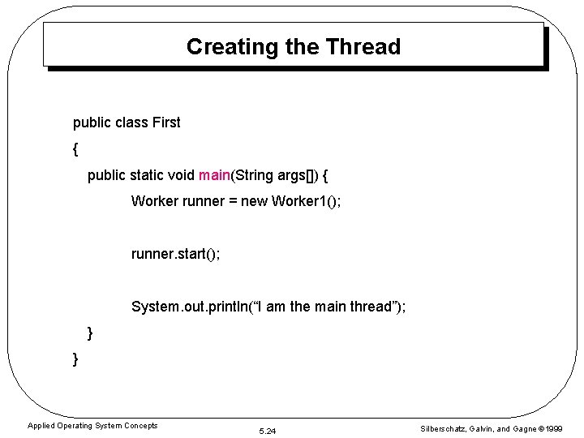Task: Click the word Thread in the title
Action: [x=363, y=46]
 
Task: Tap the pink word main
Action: [x=214, y=174]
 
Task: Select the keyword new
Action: [x=254, y=200]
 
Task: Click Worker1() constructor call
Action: [x=306, y=200]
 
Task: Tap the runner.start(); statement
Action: [x=175, y=254]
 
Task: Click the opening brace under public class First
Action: [x=75, y=149]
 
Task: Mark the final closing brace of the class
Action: [x=75, y=359]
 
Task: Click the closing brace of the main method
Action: [x=90, y=333]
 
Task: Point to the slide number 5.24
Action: [x=267, y=431]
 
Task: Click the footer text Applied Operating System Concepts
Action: [x=92, y=425]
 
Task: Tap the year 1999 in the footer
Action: [x=554, y=428]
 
